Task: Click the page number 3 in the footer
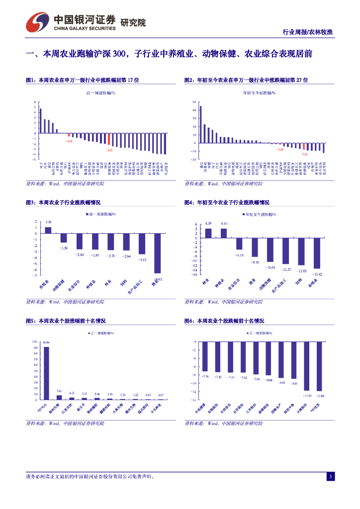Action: click(330, 477)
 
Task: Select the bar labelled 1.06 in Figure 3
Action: click(48, 230)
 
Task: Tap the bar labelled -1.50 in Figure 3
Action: click(64, 238)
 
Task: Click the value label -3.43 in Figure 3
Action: click(142, 259)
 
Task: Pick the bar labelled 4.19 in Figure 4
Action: click(208, 232)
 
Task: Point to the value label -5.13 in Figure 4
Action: click(239, 255)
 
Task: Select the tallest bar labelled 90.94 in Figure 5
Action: click(46, 373)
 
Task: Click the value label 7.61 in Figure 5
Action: click(59, 391)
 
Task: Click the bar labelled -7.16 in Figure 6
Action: click(205, 356)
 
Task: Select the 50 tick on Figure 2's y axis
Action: click(195, 102)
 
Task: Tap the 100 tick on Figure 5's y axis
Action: click(34, 341)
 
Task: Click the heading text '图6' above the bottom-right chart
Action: click(189, 321)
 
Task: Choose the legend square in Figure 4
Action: click(244, 214)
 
